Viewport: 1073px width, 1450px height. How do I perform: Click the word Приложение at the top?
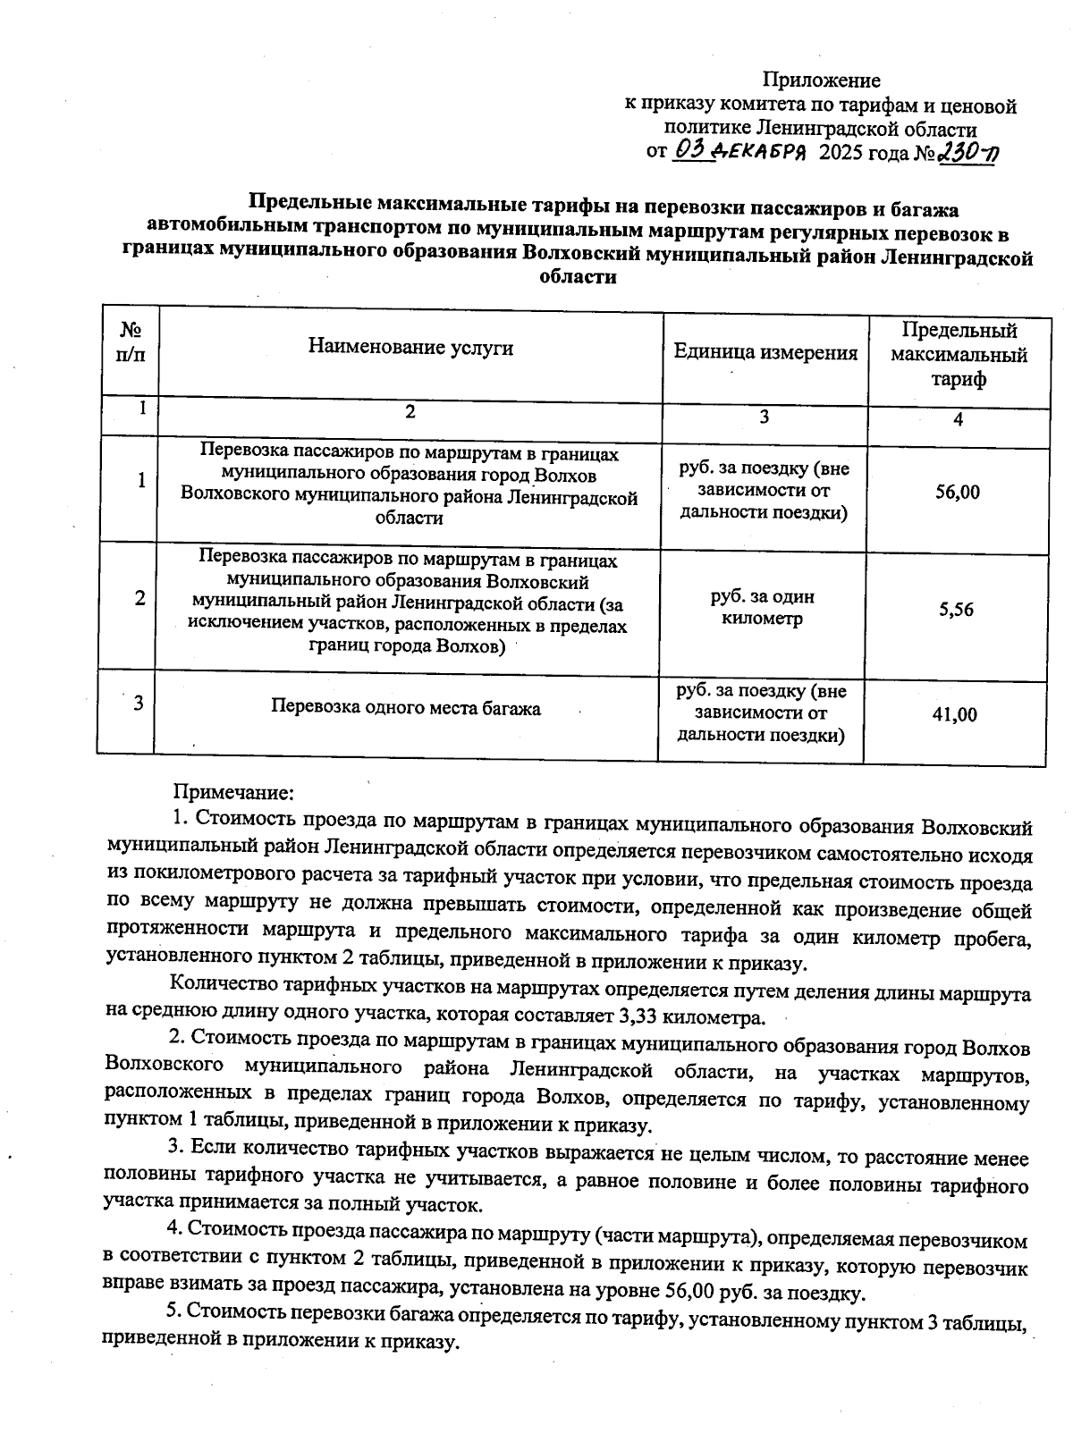(821, 81)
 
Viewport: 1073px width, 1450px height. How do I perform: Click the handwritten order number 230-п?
(967, 154)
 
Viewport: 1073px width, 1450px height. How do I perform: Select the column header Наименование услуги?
(410, 347)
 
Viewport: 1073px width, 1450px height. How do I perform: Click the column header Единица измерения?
(765, 352)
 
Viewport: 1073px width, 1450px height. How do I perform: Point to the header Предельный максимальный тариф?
(959, 355)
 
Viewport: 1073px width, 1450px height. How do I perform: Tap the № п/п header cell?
(131, 341)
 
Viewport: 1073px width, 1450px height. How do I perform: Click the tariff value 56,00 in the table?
(958, 493)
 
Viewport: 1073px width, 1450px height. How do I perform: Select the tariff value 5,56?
(956, 611)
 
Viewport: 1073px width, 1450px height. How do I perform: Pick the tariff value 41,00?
(955, 715)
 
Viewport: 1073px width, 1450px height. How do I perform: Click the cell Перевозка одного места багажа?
(406, 709)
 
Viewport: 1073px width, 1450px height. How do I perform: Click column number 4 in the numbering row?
(958, 419)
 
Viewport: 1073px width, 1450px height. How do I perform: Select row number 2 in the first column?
(140, 599)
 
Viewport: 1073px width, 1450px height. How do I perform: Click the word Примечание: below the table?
(232, 793)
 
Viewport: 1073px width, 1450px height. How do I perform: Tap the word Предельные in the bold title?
(304, 209)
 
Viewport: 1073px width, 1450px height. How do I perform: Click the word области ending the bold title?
(579, 278)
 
